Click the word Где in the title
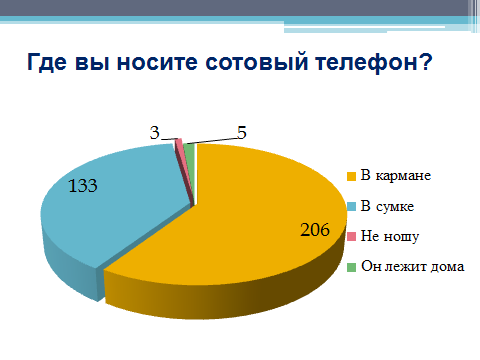(x=47, y=62)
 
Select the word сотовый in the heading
(x=256, y=62)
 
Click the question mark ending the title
(x=424, y=61)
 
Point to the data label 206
(x=315, y=230)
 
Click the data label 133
(x=83, y=185)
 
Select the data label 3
(x=154, y=133)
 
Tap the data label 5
(x=242, y=133)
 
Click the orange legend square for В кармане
(x=352, y=176)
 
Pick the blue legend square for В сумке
(x=352, y=206)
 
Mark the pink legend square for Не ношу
(x=352, y=237)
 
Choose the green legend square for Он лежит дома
(x=352, y=267)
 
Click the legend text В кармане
(x=396, y=175)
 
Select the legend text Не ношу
(x=390, y=237)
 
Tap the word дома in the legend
(x=447, y=267)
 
